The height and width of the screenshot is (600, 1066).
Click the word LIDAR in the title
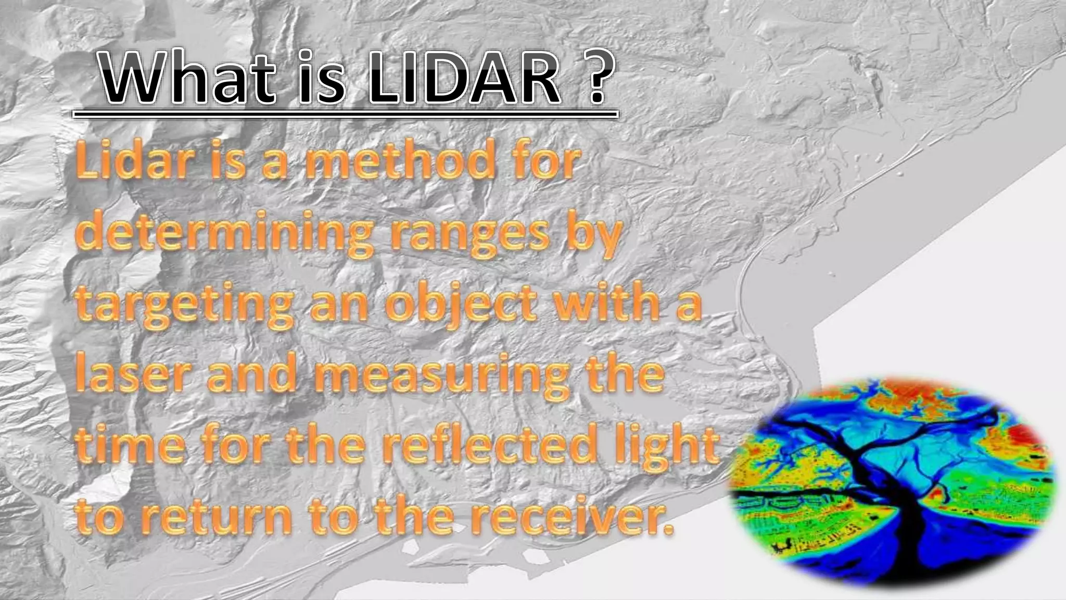click(x=464, y=81)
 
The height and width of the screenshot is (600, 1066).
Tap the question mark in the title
click(x=593, y=81)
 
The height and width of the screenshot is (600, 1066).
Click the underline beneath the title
click(x=345, y=114)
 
